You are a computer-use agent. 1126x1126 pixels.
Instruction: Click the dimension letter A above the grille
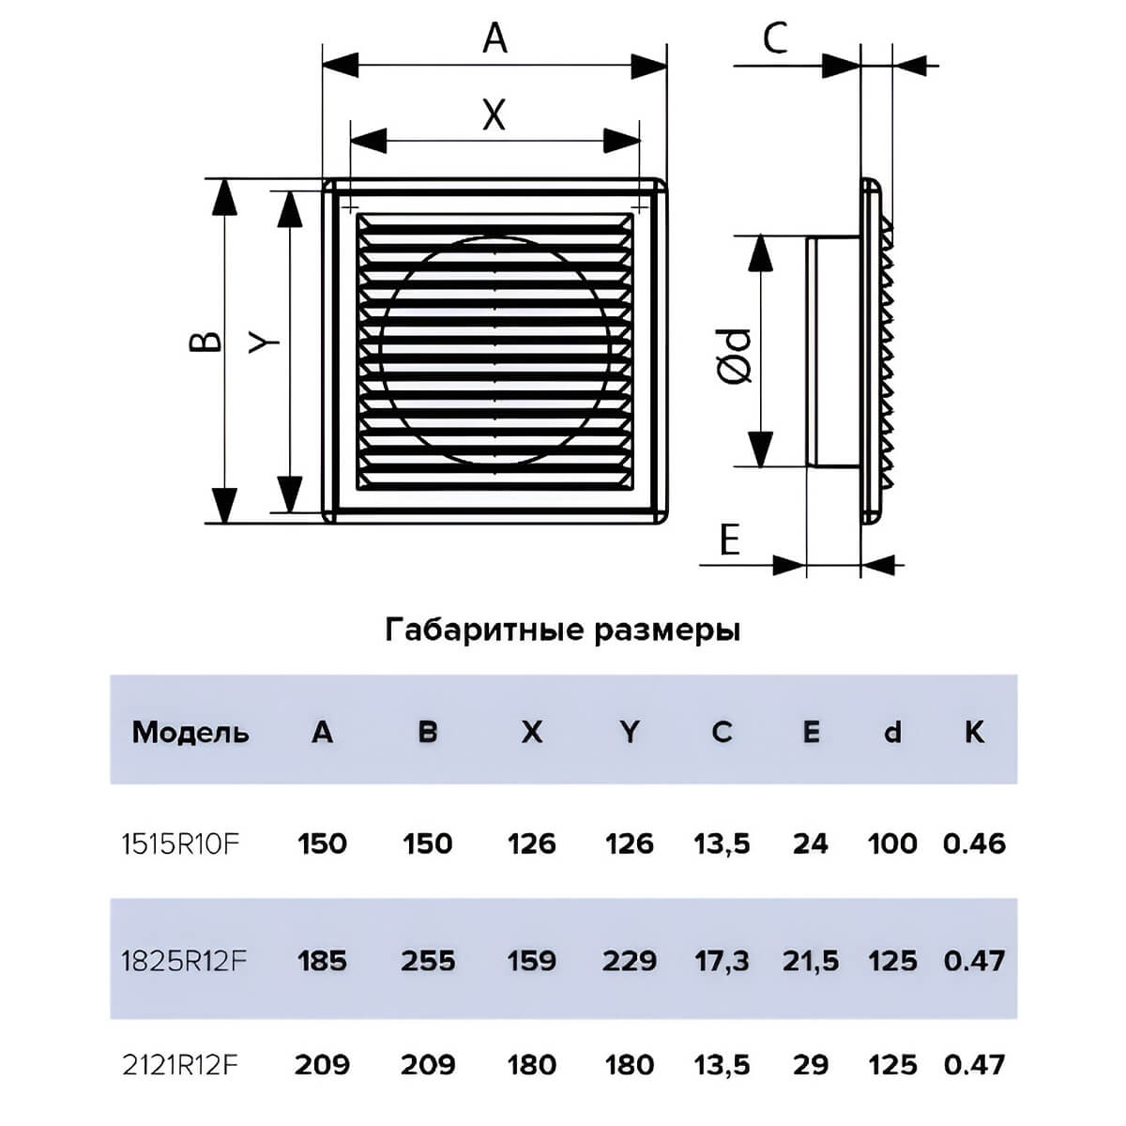pyautogui.click(x=495, y=39)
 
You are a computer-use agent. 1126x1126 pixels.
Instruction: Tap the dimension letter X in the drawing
pyautogui.click(x=494, y=114)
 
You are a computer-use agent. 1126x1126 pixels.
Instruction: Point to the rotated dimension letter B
pyautogui.click(x=205, y=342)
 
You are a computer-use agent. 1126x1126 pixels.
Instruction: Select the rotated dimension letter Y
pyautogui.click(x=264, y=342)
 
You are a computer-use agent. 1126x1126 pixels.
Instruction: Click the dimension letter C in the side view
pyautogui.click(x=775, y=38)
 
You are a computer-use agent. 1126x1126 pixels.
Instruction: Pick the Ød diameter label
pyautogui.click(x=733, y=356)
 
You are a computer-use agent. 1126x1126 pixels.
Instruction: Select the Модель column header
pyautogui.click(x=190, y=732)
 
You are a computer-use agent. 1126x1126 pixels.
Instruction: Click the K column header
pyautogui.click(x=974, y=732)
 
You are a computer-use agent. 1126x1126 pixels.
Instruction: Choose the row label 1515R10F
pyautogui.click(x=181, y=844)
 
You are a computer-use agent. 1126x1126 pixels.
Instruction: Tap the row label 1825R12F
pyautogui.click(x=185, y=960)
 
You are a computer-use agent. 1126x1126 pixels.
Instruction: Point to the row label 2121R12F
pyautogui.click(x=180, y=1064)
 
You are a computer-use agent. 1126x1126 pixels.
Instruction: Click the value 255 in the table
pyautogui.click(x=428, y=961)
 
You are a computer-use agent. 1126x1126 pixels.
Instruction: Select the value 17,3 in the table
pyautogui.click(x=722, y=961)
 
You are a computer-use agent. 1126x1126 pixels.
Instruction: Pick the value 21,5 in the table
pyautogui.click(x=811, y=961)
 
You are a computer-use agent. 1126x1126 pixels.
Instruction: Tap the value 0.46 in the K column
pyautogui.click(x=974, y=844)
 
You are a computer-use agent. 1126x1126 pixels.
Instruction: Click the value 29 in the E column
pyautogui.click(x=811, y=1065)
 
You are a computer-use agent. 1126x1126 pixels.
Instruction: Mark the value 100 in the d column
pyautogui.click(x=892, y=844)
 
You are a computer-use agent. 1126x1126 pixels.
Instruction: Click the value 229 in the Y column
pyautogui.click(x=630, y=961)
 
